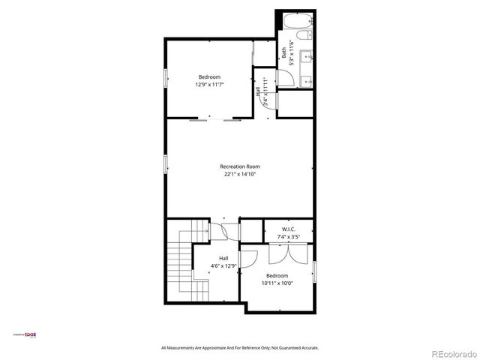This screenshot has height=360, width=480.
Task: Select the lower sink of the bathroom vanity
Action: (306, 80)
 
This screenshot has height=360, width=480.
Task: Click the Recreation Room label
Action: (240, 166)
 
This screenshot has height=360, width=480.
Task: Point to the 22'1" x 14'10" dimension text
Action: (240, 174)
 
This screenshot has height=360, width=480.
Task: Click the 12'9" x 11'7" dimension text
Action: (210, 85)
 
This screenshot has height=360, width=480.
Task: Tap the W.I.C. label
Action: (289, 229)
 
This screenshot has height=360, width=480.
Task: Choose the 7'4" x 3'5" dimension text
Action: (289, 237)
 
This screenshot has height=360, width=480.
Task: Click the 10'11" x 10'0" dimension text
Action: (277, 283)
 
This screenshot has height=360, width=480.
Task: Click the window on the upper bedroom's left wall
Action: (166, 79)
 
